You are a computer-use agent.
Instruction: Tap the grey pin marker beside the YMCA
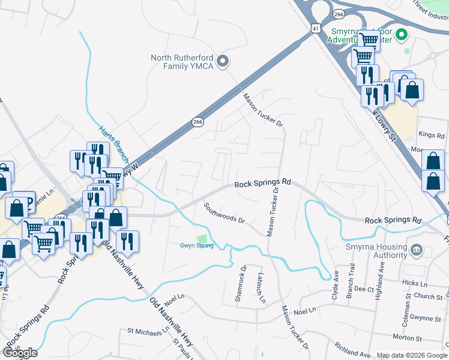223,61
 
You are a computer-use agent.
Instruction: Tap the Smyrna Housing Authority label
376,250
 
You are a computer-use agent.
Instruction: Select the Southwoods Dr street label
225,212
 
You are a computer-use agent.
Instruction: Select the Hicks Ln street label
414,281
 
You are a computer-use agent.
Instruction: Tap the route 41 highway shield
316,28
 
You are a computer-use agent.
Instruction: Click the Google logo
20,352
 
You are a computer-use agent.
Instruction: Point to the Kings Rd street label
430,134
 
